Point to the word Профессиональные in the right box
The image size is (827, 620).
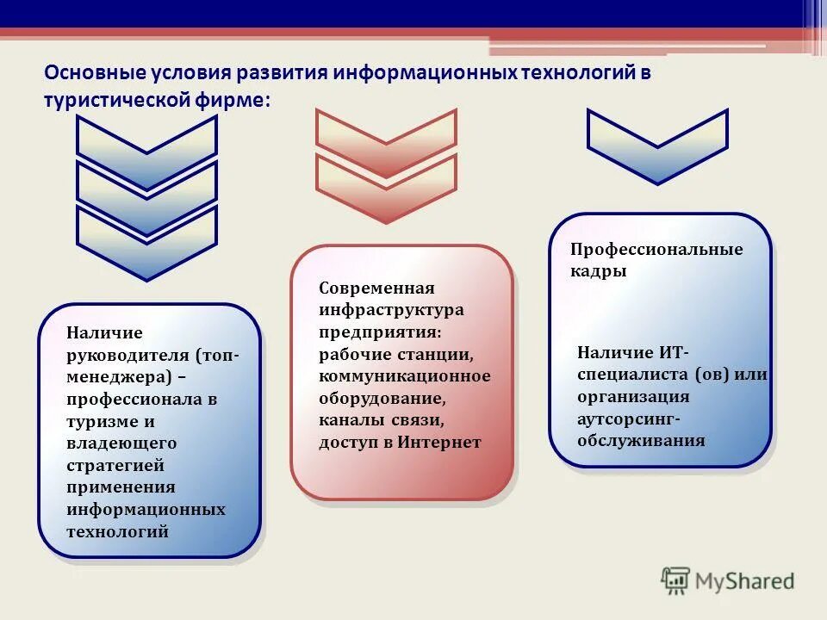coord(656,249)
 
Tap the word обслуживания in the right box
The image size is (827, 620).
coord(641,441)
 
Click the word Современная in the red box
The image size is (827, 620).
coord(376,288)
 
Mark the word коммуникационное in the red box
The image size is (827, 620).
coord(404,376)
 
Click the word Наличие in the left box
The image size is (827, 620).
coord(104,332)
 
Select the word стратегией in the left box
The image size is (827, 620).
coord(115,466)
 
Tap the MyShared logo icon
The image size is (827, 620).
coord(676,581)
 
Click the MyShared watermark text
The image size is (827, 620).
coord(745,581)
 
